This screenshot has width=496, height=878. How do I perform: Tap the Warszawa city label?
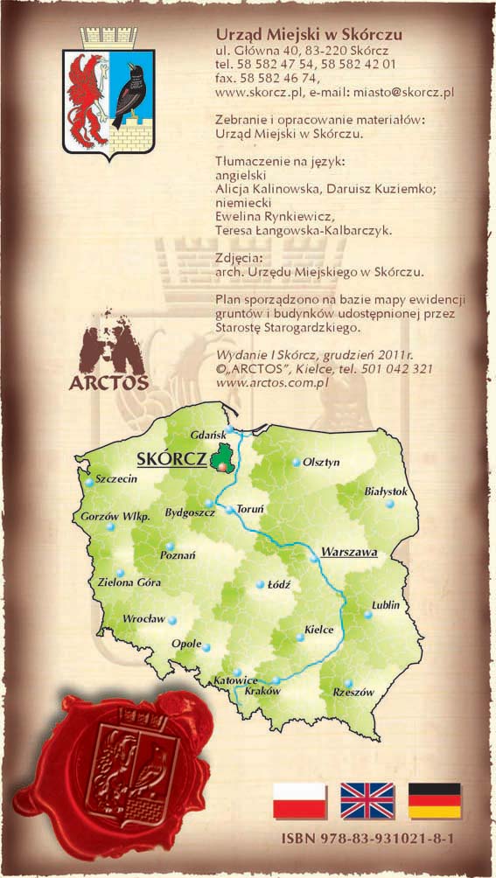coord(348,553)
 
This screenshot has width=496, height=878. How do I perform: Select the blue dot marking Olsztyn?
coord(297,462)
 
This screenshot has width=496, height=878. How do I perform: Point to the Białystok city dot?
coord(390,505)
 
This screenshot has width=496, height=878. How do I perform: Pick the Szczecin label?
coord(117,480)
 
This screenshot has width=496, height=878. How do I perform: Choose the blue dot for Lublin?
coord(368,615)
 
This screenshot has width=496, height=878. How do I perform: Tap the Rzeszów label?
coord(353,692)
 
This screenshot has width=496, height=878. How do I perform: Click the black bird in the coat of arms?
coord(133,91)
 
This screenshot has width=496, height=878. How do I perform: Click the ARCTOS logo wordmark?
coord(108,382)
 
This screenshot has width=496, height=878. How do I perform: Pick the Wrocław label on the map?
coord(143,618)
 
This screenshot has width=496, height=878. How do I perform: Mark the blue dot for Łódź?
coord(259,585)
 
